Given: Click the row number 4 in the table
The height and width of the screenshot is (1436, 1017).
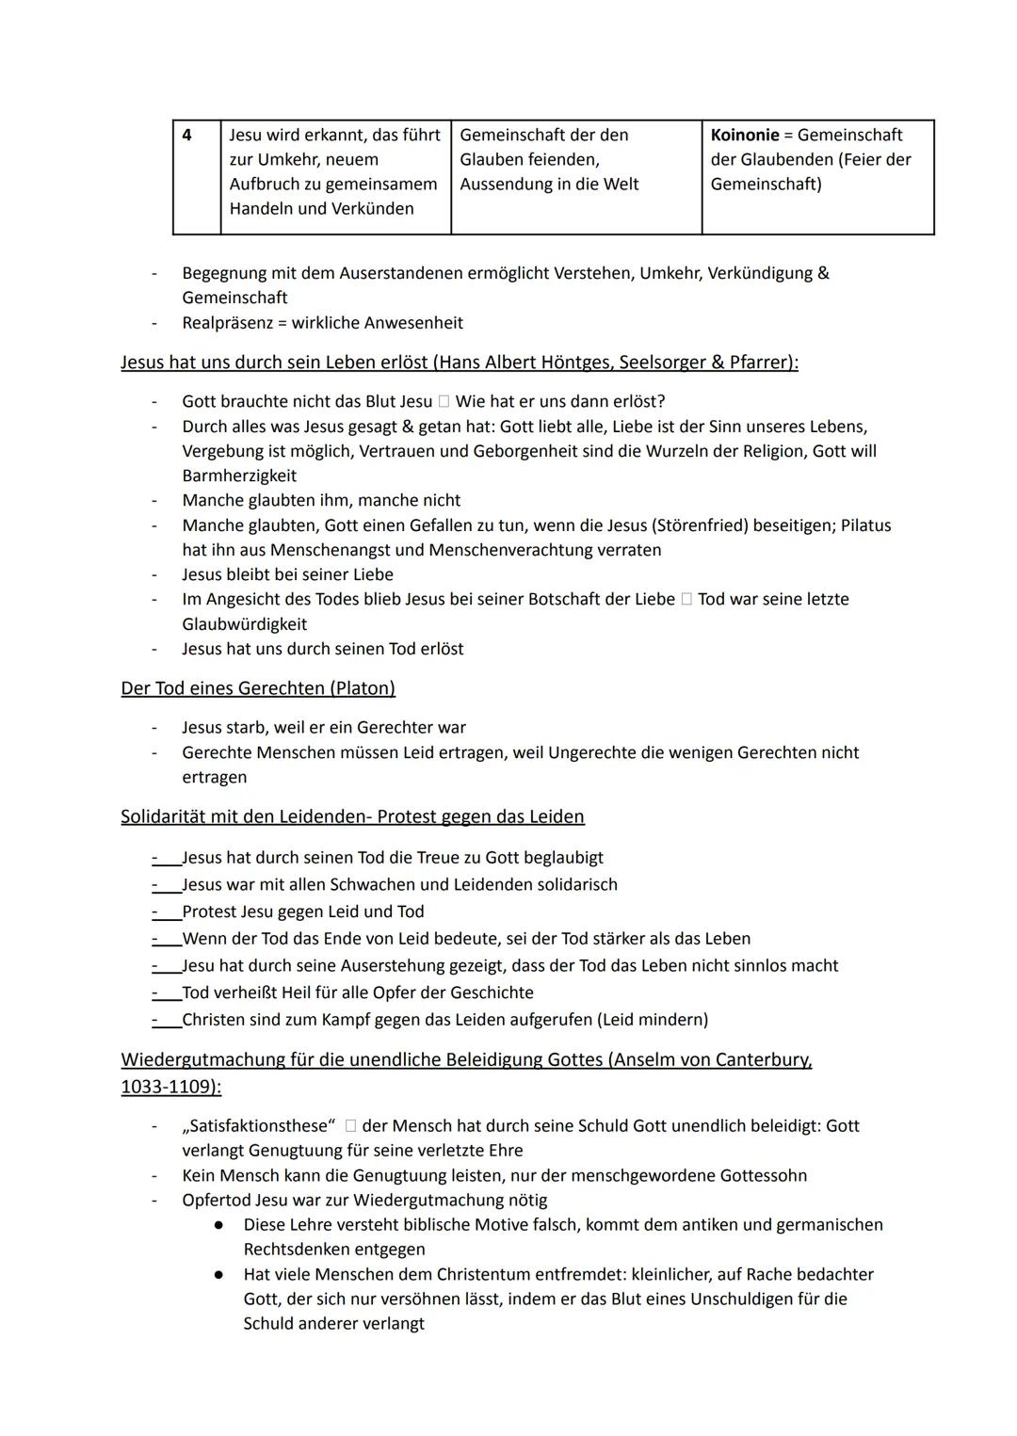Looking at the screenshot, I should pyautogui.click(x=186, y=136).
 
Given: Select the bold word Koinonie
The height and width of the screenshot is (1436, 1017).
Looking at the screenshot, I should pyautogui.click(x=745, y=136).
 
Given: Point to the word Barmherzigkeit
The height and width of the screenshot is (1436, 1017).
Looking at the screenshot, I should pyautogui.click(x=239, y=476).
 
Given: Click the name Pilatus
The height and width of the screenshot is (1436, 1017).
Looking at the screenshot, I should pyautogui.click(x=865, y=525).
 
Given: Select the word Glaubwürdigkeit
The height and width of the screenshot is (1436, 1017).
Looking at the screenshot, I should pyautogui.click(x=245, y=624).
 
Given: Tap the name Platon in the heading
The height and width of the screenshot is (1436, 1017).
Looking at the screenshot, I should pyautogui.click(x=363, y=688).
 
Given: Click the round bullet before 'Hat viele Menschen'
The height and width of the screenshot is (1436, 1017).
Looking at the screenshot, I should pyautogui.click(x=218, y=1275).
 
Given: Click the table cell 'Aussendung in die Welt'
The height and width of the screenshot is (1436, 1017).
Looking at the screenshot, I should pyautogui.click(x=549, y=185).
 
